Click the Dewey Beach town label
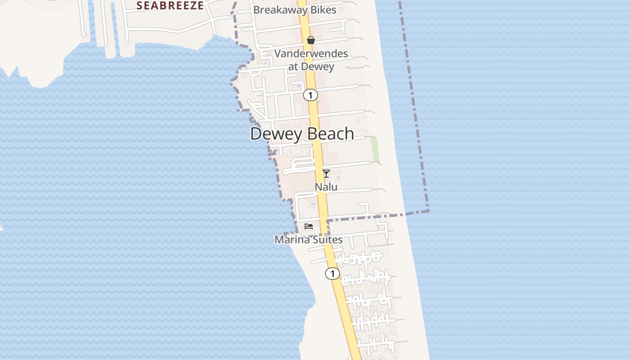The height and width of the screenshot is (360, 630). [302, 134]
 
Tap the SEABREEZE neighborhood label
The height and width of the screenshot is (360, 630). [170, 5]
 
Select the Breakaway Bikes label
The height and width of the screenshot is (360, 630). [295, 10]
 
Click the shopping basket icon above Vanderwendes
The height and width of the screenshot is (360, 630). [310, 40]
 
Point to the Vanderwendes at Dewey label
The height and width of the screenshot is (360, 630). [311, 60]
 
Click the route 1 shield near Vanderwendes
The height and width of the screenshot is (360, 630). [310, 95]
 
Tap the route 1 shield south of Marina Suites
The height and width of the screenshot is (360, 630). [332, 273]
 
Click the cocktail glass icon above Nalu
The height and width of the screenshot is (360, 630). [326, 174]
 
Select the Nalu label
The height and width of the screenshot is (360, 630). [326, 186]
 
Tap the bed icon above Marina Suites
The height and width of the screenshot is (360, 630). [309, 226]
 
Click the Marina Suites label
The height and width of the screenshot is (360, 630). [309, 239]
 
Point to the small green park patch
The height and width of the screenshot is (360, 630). [374, 149]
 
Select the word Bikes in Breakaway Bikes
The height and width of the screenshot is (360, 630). [322, 10]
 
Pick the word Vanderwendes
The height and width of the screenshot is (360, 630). [311, 54]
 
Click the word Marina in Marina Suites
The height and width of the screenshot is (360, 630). [292, 239]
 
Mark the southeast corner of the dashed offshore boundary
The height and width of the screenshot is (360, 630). [428, 210]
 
